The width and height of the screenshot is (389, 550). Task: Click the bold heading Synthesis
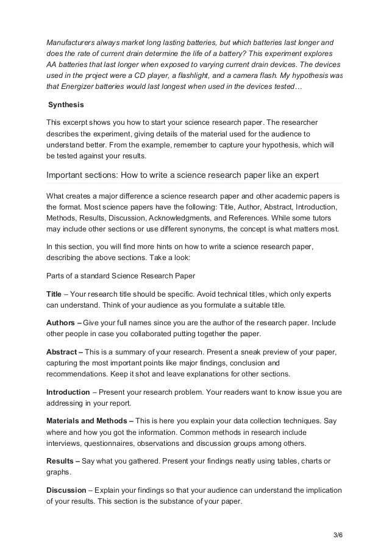pyautogui.click(x=66, y=105)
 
